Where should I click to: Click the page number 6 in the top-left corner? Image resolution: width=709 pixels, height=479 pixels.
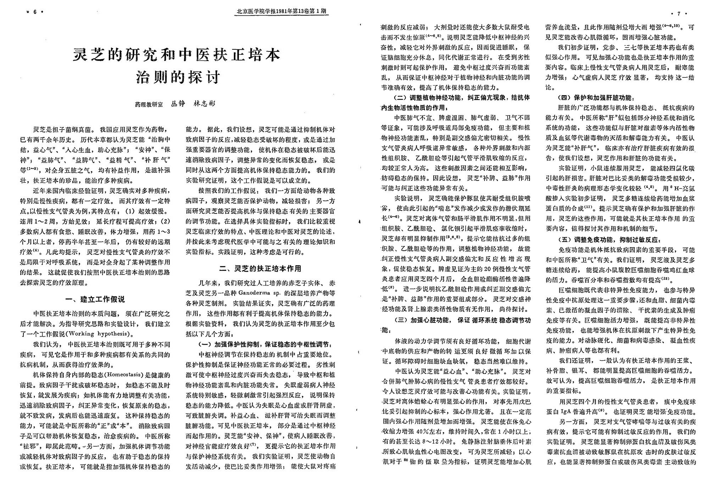35,12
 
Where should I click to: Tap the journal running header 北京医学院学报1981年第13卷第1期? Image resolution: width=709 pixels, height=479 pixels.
282,11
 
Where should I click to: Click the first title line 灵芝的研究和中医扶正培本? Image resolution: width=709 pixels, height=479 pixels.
177,55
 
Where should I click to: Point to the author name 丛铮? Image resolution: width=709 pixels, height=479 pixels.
178,104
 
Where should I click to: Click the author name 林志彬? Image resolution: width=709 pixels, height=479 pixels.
204,104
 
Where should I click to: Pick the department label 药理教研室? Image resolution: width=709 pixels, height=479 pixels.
149,104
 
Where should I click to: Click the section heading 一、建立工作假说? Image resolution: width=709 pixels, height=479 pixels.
96,299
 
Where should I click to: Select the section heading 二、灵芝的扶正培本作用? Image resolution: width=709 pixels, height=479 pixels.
260,268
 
